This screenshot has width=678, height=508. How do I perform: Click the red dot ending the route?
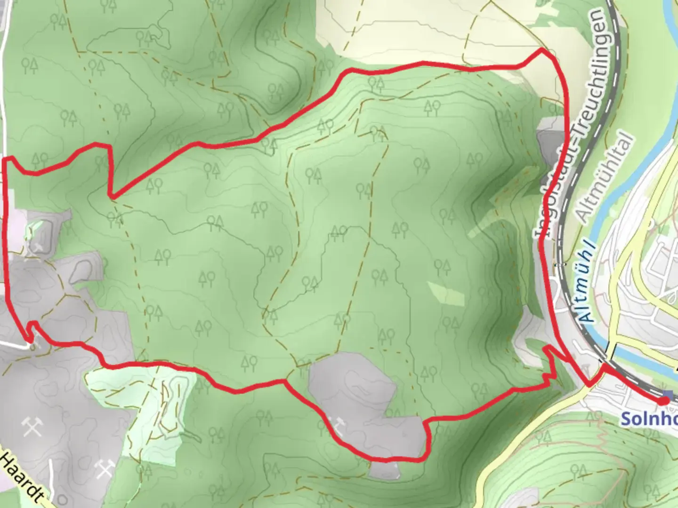[x=663, y=401]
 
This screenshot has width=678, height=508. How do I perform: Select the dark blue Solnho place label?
[x=649, y=418]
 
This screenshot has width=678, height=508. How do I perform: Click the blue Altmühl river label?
[x=587, y=283]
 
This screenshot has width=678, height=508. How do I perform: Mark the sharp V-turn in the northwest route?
[x=111, y=194]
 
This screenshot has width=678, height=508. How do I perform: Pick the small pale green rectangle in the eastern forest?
[x=445, y=293]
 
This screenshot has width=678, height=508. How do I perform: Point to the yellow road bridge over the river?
[x=610, y=350]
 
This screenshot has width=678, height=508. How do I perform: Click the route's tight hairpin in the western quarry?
[x=31, y=332]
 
